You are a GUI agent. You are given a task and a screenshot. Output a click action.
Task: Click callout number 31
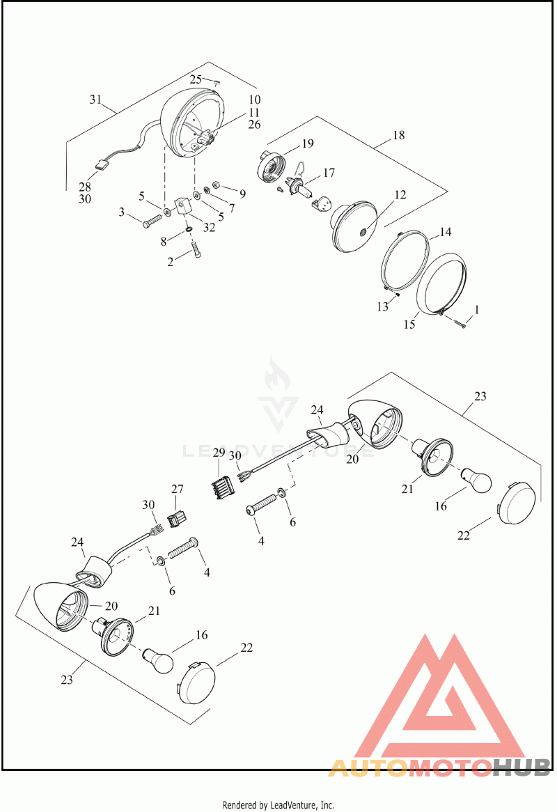tap(95, 100)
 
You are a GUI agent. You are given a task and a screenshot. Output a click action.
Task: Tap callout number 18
tap(398, 135)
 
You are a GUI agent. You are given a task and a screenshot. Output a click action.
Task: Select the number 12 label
tap(400, 195)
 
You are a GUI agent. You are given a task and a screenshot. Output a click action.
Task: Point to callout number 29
tap(219, 453)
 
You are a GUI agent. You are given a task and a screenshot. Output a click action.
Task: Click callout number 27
tap(178, 489)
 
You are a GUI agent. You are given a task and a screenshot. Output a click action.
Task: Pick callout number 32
tap(209, 227)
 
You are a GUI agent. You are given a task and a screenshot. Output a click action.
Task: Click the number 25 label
tap(195, 79)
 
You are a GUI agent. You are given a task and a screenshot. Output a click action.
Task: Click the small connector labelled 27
tap(177, 517)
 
